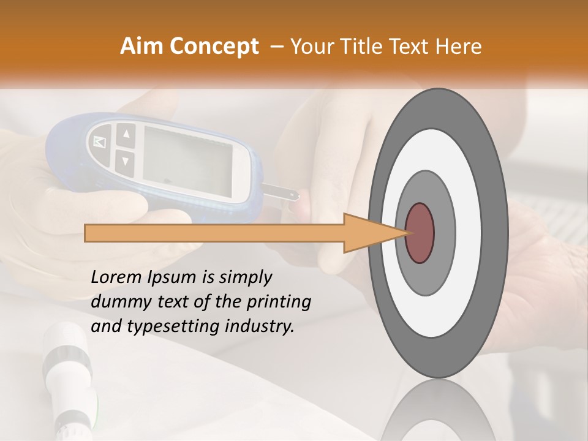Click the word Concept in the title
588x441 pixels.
[214, 47]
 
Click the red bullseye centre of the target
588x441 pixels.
[420, 233]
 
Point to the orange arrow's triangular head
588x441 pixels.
[374, 233]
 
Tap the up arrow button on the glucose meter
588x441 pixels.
[126, 134]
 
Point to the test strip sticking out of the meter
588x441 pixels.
[282, 193]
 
